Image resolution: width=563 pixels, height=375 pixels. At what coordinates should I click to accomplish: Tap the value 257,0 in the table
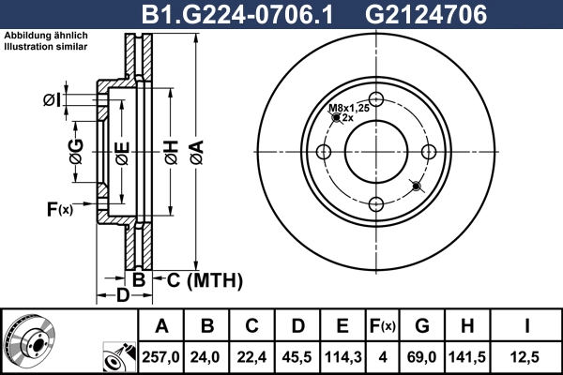pyautogui.click(x=161, y=357)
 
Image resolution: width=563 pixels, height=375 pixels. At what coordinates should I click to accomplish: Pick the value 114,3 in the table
pyautogui.click(x=343, y=357)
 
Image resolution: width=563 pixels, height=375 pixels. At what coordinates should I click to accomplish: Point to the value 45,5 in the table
pyautogui.click(x=297, y=357)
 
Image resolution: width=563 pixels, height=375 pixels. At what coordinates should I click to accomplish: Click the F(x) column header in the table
pyautogui.click(x=384, y=326)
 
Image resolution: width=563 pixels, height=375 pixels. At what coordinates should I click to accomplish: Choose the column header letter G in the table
pyautogui.click(x=422, y=326)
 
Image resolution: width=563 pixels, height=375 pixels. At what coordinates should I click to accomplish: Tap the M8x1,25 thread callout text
pyautogui.click(x=347, y=109)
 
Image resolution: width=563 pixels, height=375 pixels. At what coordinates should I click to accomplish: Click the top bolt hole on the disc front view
pyautogui.click(x=376, y=101)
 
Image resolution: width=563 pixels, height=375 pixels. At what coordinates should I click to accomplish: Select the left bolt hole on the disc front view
pyautogui.click(x=325, y=153)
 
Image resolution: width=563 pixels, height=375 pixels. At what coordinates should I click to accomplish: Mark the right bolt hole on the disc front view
pyautogui.click(x=428, y=153)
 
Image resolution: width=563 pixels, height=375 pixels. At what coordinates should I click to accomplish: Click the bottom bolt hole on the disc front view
pyautogui.click(x=376, y=204)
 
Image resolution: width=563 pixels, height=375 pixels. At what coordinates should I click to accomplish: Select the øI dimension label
pyautogui.click(x=51, y=100)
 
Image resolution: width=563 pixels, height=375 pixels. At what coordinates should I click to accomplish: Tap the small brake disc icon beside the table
pyautogui.click(x=29, y=341)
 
